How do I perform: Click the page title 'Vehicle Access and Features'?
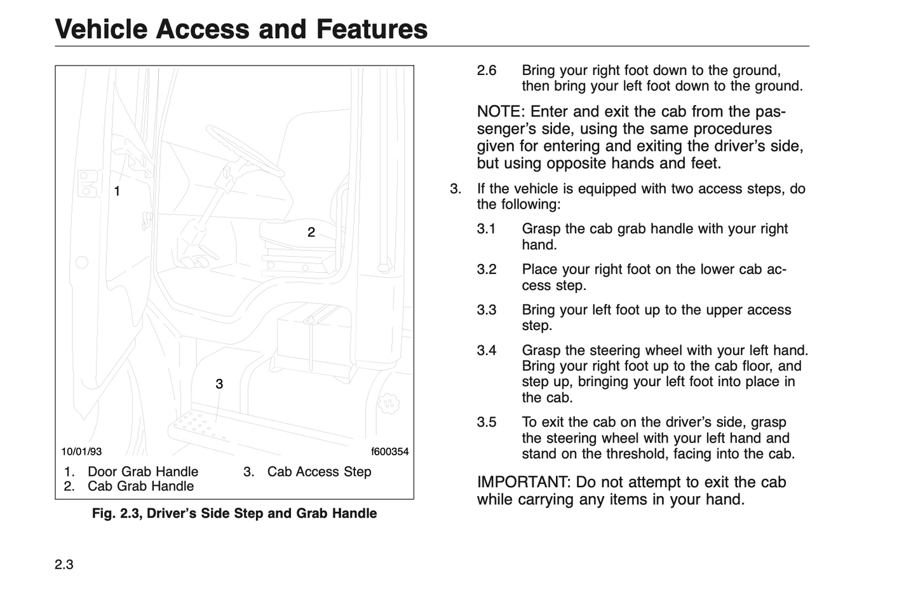(x=241, y=29)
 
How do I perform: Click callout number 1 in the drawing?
(x=117, y=191)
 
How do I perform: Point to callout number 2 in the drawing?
(x=311, y=232)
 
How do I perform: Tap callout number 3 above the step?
(x=219, y=384)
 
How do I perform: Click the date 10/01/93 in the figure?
(x=81, y=452)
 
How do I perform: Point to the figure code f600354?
(x=389, y=452)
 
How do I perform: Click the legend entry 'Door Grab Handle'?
(x=142, y=471)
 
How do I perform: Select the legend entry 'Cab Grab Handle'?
(x=140, y=486)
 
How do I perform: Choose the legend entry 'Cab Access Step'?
(x=319, y=471)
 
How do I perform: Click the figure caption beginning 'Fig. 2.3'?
(x=234, y=513)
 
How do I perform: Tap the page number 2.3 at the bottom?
(x=64, y=565)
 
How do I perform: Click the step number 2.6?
(x=487, y=70)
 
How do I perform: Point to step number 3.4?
(x=487, y=350)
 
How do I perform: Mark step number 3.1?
(x=487, y=228)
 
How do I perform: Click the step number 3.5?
(x=487, y=422)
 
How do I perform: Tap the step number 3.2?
(x=487, y=269)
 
